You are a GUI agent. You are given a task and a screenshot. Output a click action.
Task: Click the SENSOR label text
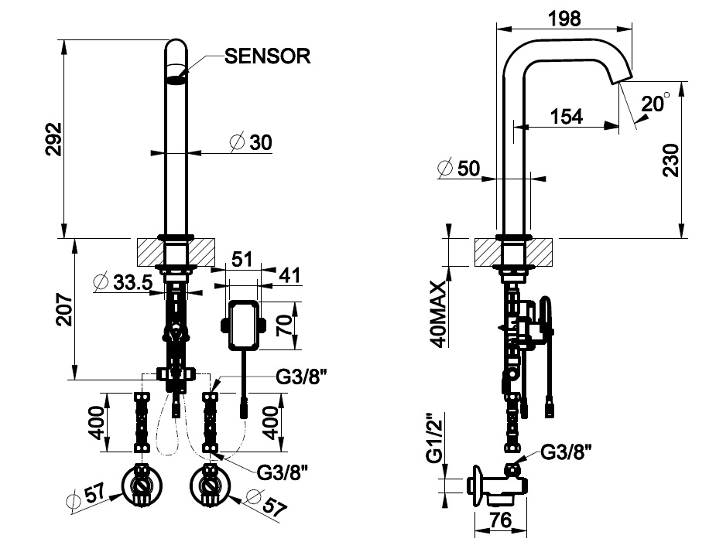click(267, 56)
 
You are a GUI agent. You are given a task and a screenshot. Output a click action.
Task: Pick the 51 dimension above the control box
click(242, 258)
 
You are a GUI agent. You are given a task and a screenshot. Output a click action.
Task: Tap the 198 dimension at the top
click(565, 19)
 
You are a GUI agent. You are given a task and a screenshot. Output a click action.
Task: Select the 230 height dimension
click(670, 158)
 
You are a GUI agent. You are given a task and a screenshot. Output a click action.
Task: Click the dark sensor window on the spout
click(177, 77)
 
